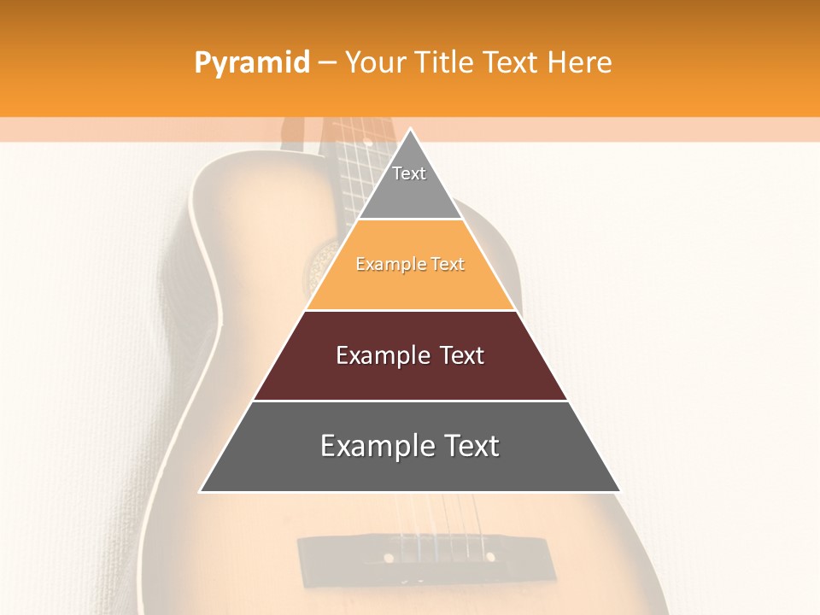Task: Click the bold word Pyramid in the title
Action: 251,63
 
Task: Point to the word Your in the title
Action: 373,62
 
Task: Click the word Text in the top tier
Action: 409,173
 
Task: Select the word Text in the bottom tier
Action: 469,446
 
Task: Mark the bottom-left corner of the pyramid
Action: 202,491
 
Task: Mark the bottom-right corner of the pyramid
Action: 619,491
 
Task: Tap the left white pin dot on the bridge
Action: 389,558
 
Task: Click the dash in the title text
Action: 327,63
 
